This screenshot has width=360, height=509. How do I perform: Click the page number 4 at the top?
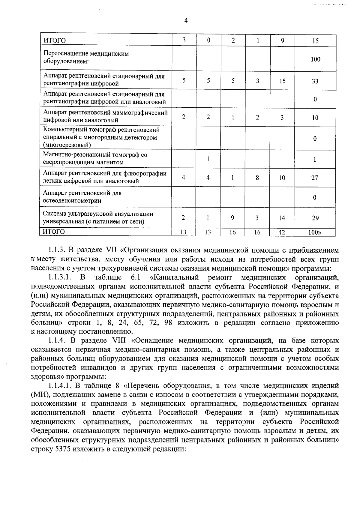(186, 21)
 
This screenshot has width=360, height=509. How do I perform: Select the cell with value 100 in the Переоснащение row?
(315, 59)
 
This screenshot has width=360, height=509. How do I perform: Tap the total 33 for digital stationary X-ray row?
(315, 81)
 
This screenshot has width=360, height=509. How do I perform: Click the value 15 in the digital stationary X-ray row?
(282, 81)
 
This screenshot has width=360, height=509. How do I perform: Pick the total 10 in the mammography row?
(315, 118)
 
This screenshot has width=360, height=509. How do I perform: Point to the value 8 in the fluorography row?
(257, 178)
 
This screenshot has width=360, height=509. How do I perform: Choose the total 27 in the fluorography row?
(315, 178)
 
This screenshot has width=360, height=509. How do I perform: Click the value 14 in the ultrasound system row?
(282, 218)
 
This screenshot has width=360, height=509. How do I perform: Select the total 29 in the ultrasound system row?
(315, 218)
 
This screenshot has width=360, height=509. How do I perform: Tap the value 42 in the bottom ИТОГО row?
(282, 232)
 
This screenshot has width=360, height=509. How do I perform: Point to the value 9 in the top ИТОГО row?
(283, 40)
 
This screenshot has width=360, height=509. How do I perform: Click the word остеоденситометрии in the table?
(72, 201)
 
